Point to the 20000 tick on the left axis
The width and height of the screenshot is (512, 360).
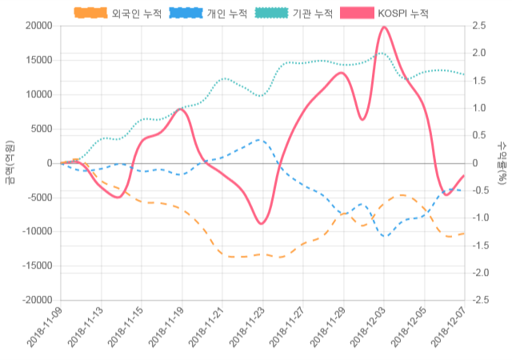tap(38, 26)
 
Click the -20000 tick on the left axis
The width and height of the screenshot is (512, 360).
tap(37, 300)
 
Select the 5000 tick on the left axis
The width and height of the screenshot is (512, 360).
tap(42, 129)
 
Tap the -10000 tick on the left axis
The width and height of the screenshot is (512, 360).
tap(37, 231)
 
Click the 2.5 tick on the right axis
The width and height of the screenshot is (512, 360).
tap(478, 26)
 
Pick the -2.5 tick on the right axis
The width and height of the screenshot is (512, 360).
tap(479, 300)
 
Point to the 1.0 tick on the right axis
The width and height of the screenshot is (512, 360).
tap(478, 108)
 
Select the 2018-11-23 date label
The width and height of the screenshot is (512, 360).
tap(246, 328)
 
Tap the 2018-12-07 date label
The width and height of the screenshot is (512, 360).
tap(449, 328)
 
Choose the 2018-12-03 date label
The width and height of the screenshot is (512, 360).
tap(368, 328)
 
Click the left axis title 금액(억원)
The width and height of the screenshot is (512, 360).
tap(9, 163)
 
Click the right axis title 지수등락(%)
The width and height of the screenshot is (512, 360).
tap(502, 163)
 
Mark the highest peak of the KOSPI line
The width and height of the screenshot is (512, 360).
tap(384, 27)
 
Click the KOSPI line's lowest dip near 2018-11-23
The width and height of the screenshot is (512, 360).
tap(262, 223)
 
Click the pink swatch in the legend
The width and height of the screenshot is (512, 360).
tap(357, 14)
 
